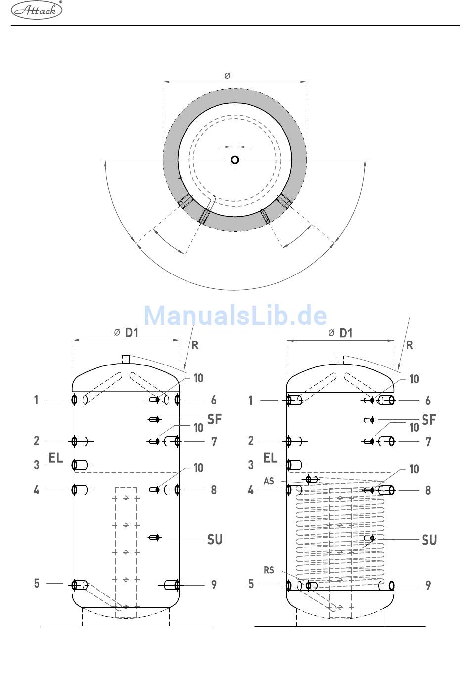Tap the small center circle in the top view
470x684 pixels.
235,160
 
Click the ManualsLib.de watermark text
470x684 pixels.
235,316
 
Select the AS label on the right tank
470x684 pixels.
269,481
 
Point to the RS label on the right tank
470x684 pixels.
269,570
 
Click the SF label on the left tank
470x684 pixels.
214,419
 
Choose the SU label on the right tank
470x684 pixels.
429,540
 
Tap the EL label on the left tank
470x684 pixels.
56,458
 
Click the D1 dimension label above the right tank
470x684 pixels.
346,333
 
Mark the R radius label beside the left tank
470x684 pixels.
195,345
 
